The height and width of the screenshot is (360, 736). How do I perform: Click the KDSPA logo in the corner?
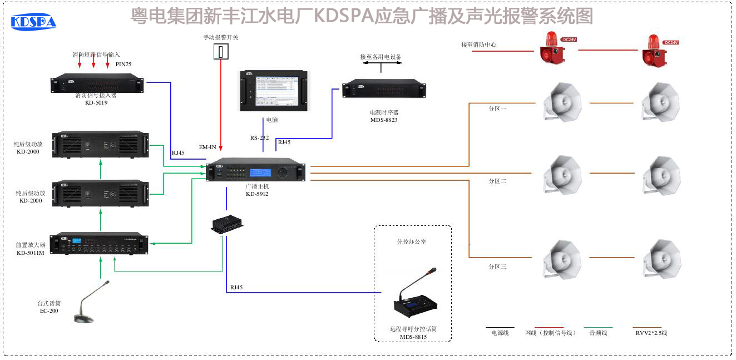(33, 21)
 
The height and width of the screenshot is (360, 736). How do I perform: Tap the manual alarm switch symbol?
(221, 52)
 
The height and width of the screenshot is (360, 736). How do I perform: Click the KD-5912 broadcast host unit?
(256, 170)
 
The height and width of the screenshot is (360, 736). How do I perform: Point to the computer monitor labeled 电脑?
(273, 90)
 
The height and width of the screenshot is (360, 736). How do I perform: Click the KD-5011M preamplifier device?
(100, 244)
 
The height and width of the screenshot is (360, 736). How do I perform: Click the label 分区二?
(497, 181)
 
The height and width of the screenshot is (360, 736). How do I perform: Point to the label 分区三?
(497, 267)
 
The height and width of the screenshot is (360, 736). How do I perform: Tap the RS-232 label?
(259, 137)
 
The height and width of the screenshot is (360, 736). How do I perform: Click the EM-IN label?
(208, 147)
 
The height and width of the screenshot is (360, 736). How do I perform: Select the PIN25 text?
(124, 65)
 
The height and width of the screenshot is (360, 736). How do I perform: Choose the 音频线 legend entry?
(598, 333)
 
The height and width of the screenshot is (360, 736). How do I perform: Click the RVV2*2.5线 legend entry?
(651, 333)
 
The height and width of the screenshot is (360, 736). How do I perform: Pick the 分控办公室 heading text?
(412, 242)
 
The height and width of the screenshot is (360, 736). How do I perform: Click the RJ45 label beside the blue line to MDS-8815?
(236, 288)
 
